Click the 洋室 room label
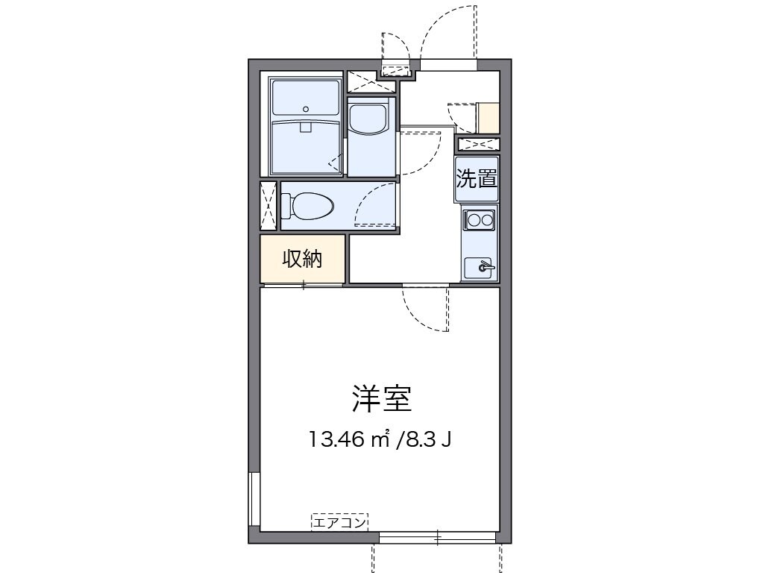pos(381,400)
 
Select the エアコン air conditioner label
pos(340,523)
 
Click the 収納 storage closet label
pos(302,259)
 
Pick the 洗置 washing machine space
pos(477,179)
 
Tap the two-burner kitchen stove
pos(479,219)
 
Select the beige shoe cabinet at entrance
pos(489,117)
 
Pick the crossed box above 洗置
pos(478,144)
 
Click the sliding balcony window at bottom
pos(438,536)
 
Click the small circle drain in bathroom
pos(306,108)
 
